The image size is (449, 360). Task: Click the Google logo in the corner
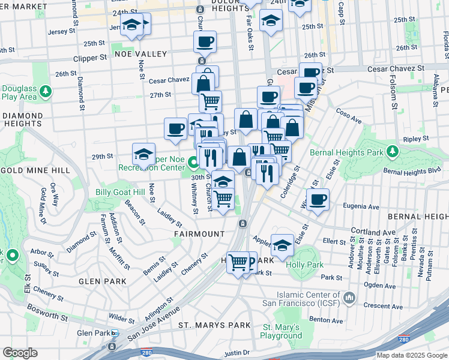click(x=20, y=353)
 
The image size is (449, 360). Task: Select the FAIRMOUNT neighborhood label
click(x=199, y=233)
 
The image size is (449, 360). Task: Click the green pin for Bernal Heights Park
click(x=393, y=150)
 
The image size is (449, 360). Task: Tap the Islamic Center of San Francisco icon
click(x=350, y=298)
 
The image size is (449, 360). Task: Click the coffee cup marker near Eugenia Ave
click(x=318, y=199)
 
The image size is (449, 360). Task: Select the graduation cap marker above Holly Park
click(x=282, y=244)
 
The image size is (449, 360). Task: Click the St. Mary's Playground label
click(x=282, y=331)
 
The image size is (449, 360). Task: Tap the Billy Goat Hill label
click(x=120, y=192)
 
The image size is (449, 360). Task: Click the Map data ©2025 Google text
click(x=411, y=355)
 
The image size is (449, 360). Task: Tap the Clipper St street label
click(x=89, y=58)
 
